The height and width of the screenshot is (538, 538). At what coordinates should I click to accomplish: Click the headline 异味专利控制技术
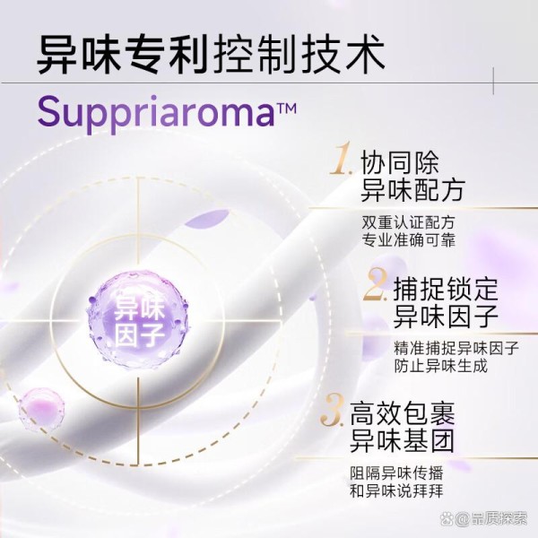pos(211,55)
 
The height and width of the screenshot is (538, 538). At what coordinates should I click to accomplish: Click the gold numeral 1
pos(342,159)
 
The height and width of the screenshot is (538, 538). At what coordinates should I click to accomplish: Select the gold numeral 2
pos(376,284)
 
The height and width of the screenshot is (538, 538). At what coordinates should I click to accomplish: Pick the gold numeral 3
pos(332,410)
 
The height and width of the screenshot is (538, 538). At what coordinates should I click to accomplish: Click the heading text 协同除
pos(400,163)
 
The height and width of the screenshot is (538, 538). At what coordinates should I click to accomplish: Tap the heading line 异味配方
pos(412,190)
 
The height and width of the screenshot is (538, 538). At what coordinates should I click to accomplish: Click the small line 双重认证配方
pos(408,222)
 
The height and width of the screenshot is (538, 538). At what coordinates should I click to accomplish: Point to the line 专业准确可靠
pos(408,240)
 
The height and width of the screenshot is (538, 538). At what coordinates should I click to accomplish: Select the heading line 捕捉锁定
pos(446,290)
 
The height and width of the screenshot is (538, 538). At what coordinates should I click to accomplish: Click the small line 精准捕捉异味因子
pos(456,348)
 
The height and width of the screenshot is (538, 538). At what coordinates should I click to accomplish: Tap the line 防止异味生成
pos(440,366)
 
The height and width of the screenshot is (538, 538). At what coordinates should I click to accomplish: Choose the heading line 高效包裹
pos(402,414)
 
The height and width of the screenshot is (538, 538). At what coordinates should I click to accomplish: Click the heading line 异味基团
pos(402,440)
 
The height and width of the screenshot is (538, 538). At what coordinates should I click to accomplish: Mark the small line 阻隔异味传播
pos(396,473)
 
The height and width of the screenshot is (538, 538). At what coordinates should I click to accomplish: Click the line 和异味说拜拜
pos(396,491)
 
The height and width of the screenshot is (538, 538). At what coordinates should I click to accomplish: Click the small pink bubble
pos(41,410)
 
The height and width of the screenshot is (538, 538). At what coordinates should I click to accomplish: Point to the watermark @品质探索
pos(485,519)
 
